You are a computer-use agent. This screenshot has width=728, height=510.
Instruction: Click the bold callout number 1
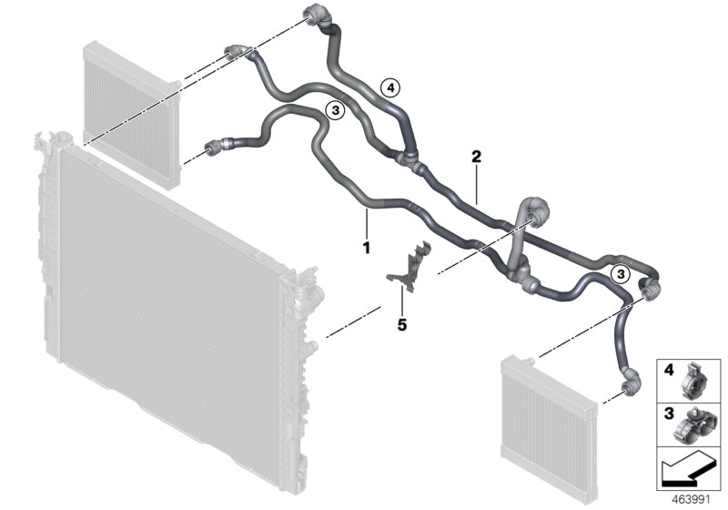(x=366, y=247)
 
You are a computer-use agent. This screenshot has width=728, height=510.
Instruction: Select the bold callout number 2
(x=475, y=156)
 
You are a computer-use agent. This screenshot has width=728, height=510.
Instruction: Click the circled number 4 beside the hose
(x=389, y=88)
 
